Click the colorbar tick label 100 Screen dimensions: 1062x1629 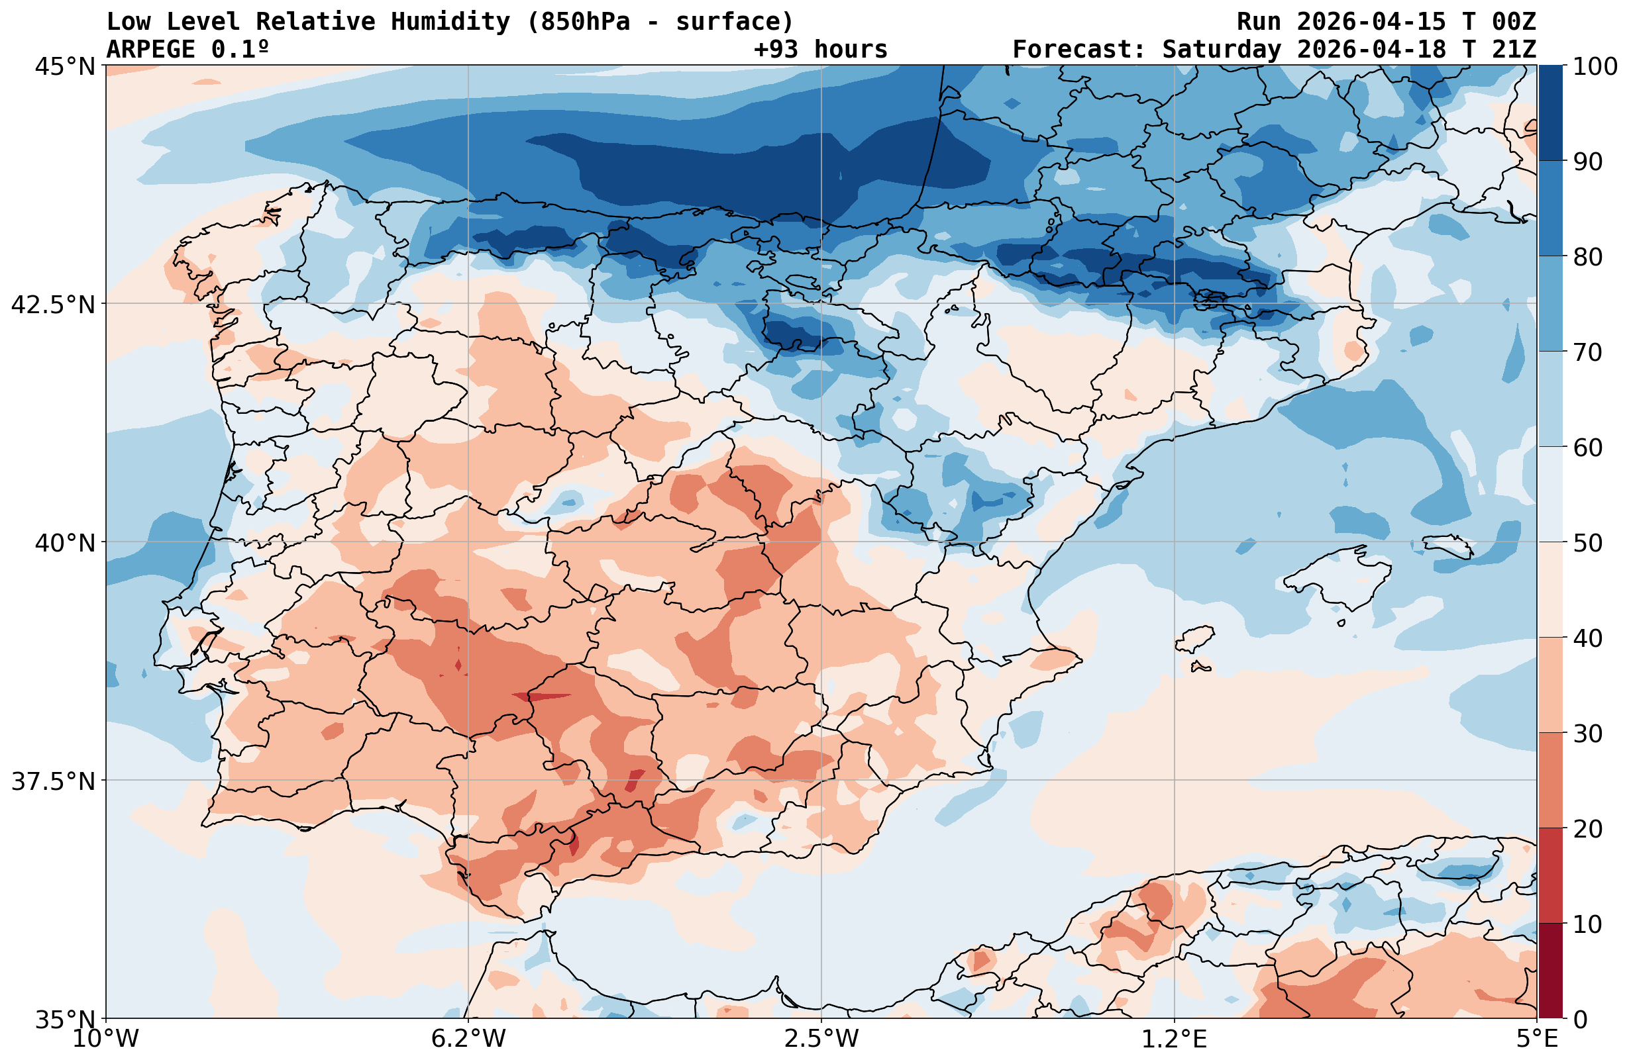tap(1594, 67)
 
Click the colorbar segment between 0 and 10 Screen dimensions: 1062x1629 tap(1551, 971)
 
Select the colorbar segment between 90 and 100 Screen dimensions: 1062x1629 tap(1551, 113)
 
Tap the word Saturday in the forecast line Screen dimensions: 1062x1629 tap(1221, 50)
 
